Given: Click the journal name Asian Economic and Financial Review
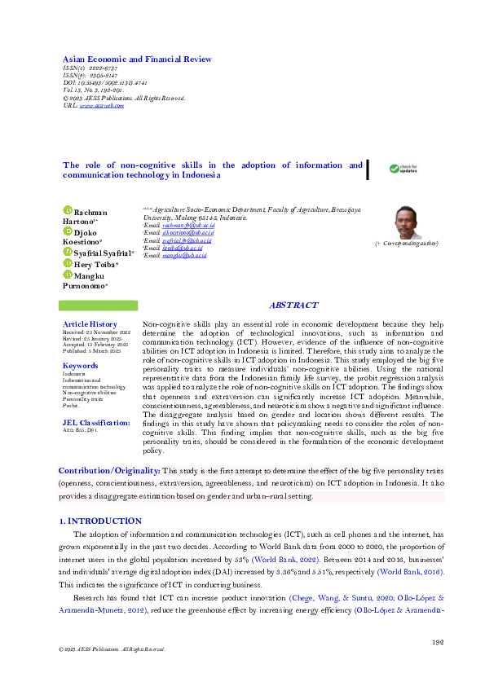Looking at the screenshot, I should click(137, 59).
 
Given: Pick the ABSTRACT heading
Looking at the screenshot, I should click(293, 306).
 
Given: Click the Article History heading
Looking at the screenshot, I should click(90, 324).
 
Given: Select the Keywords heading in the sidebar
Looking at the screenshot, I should click(80, 365).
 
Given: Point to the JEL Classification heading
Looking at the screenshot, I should click(96, 423).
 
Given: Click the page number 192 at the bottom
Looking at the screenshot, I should click(438, 643).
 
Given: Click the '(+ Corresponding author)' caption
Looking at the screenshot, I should click(406, 244).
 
